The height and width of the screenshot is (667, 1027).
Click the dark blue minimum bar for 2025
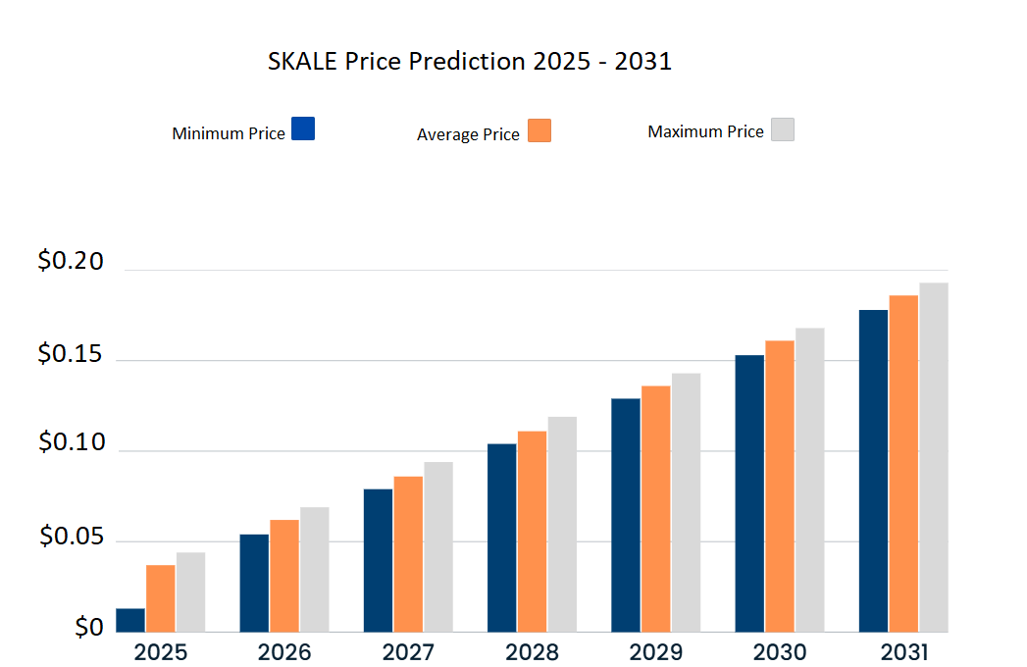pos(130,620)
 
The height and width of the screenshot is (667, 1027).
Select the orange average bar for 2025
pos(161,598)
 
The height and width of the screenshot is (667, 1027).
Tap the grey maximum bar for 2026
pos(315,569)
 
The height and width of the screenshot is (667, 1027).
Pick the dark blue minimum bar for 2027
pos(378,560)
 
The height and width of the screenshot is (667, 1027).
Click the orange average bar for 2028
pos(532,531)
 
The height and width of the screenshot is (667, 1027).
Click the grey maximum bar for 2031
pos(933,457)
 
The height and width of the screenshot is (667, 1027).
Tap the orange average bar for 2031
pos(903,463)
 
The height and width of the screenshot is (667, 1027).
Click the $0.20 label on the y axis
pos(70,262)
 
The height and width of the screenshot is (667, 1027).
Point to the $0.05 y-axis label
pos(70,536)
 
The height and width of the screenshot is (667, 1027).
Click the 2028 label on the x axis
pos(533,652)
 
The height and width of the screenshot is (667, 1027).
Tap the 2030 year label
pos(780,652)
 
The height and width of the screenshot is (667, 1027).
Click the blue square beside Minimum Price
pos(303,128)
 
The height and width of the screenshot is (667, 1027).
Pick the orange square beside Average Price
pos(539,130)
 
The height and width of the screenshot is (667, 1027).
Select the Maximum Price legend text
pos(705,131)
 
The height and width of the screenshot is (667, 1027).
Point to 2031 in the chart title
pos(643,61)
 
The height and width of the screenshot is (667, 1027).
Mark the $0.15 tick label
pos(70,353)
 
